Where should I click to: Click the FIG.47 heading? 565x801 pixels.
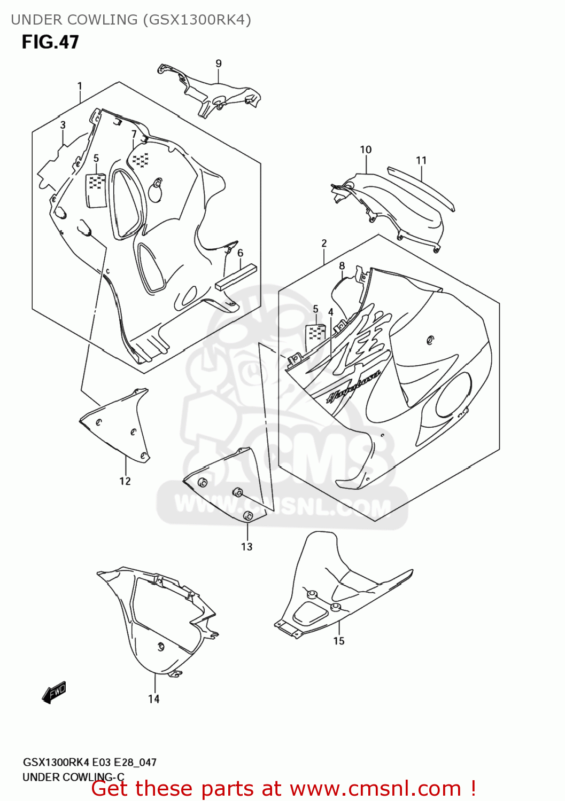50,42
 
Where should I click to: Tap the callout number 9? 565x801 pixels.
219,64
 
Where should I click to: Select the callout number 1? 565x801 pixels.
80,86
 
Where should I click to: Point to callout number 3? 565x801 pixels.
63,125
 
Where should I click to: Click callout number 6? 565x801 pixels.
241,253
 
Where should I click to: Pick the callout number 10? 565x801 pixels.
366,150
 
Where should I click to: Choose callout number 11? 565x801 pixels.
421,160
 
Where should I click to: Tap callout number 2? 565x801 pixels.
324,243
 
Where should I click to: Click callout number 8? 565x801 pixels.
342,266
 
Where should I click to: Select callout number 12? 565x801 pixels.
125,481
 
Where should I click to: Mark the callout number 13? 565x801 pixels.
246,547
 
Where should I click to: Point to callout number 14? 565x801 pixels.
154,699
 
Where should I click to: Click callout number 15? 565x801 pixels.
339,641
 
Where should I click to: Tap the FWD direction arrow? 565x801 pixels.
54,692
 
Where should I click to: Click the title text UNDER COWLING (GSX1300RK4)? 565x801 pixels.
131,20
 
